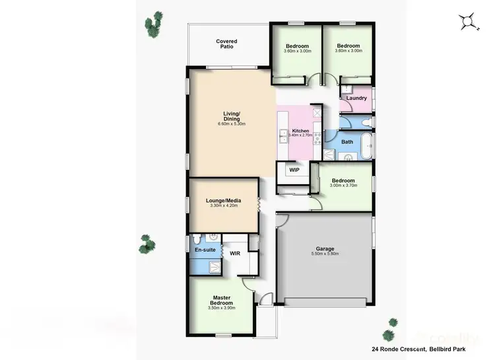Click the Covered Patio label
point(226,44)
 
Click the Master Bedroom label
point(220,300)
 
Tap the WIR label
point(235,252)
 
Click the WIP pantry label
point(294,170)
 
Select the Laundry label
point(356,98)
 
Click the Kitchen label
point(300,131)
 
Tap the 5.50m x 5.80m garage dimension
point(324,253)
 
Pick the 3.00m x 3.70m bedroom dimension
point(343,186)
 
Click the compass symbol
point(469,22)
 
